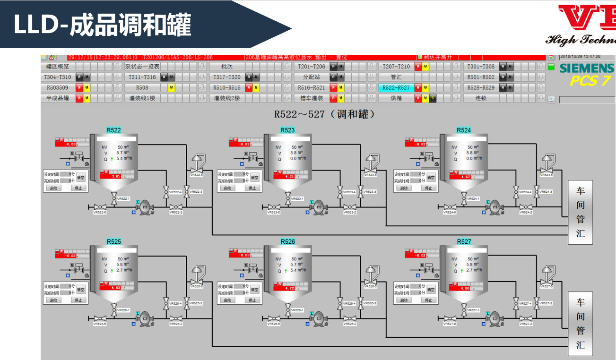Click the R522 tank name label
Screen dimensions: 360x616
[113, 130]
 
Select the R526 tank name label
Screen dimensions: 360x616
[287, 241]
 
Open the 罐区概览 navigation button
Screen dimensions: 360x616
[58, 67]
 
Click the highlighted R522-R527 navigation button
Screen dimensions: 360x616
[396, 88]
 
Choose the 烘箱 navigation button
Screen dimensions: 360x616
[396, 98]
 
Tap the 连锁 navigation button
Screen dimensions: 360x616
[481, 98]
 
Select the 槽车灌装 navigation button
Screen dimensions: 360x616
[312, 98]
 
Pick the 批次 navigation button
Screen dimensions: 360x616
[227, 67]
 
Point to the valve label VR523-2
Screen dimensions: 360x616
[350, 213]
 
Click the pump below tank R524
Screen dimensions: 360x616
[495, 206]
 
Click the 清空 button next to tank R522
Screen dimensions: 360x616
[81, 178]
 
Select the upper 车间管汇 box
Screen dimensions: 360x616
[580, 212]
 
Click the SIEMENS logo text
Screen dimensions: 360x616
[586, 69]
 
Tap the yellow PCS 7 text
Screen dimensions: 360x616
[590, 81]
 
